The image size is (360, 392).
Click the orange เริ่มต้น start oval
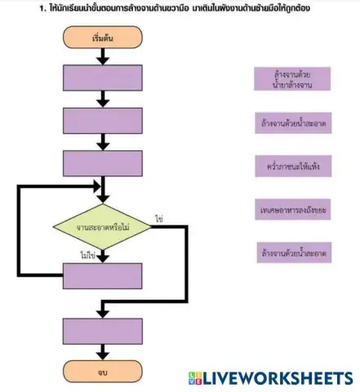[101, 38]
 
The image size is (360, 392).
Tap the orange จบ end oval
[102, 372]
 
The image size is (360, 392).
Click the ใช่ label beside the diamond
[159, 219]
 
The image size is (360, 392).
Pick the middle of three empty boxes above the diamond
[102, 120]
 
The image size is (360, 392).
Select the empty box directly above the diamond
[102, 163]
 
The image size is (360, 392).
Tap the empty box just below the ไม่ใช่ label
[102, 276]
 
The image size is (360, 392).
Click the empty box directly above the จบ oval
[102, 331]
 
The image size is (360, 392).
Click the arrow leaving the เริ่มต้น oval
[102, 56]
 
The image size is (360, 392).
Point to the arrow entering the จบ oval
[102, 352]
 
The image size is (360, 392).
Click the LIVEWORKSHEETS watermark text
[277, 378]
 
